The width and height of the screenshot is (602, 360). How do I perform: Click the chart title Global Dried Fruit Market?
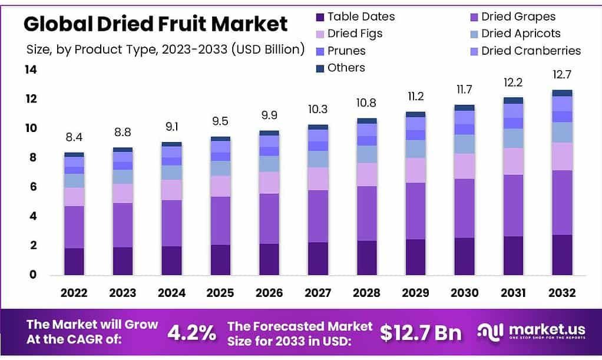click(x=156, y=24)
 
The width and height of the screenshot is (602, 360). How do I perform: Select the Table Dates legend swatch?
click(x=320, y=16)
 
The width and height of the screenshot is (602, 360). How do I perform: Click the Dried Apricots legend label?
click(x=521, y=34)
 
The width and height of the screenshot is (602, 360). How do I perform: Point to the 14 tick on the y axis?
click(x=30, y=70)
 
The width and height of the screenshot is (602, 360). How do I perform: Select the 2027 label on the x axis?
click(x=318, y=293)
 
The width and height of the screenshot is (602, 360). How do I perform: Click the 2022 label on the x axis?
click(x=74, y=293)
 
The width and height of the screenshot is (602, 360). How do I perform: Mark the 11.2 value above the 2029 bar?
click(x=415, y=97)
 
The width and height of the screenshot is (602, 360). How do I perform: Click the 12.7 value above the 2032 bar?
click(x=561, y=75)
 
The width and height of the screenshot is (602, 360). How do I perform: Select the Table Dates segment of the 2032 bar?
click(x=561, y=255)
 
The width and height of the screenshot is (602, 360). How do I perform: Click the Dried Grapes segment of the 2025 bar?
click(x=220, y=220)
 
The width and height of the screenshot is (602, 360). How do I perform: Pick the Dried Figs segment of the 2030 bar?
click(x=464, y=166)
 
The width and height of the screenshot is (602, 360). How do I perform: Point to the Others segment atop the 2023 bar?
click(x=123, y=150)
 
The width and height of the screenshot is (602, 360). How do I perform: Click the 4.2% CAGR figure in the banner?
click(x=191, y=333)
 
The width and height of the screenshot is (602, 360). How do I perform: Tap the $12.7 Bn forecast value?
click(x=420, y=333)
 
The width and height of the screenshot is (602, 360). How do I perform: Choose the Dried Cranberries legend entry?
click(x=531, y=51)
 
